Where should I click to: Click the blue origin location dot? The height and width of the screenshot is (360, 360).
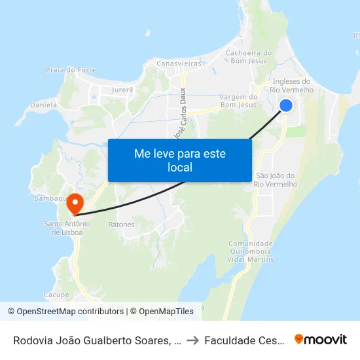pos(286,105)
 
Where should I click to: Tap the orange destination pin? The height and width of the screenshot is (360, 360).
pos(76,203)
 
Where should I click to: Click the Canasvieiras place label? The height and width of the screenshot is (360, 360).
pos(178,63)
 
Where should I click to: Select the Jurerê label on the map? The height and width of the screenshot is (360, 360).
pos(122,89)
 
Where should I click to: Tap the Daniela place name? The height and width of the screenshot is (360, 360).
pos(44,105)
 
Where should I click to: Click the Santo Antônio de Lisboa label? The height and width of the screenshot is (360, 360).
pos(67,227)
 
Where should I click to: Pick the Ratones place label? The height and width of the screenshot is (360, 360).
pos(121,225)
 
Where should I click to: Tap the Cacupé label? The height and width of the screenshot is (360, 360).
pos(57,295)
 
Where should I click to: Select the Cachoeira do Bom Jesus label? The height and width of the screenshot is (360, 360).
pos(248,58)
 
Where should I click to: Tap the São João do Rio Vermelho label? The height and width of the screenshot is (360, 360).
pos(276,180)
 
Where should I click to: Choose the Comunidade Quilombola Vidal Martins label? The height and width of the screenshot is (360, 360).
pos(251,251)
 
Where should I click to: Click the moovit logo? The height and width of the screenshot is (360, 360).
pos(321,340)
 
